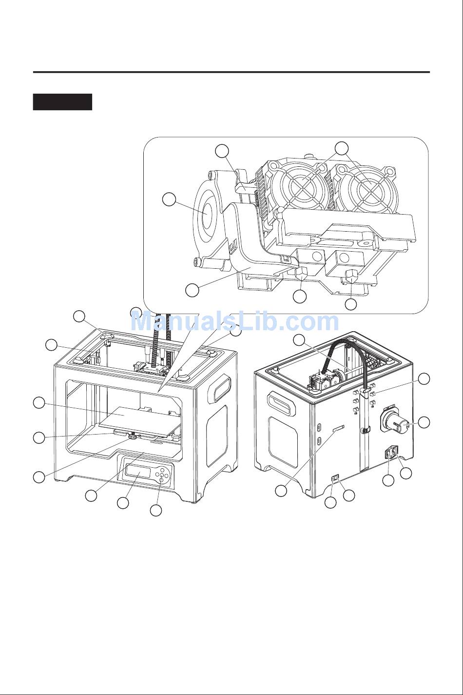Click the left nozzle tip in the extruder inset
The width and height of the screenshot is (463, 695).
coord(301,273)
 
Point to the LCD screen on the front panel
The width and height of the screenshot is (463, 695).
coord(138,474)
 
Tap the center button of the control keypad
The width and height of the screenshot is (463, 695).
coord(161,475)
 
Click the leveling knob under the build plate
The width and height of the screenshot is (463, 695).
coord(133,437)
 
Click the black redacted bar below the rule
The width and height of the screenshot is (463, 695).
coord(63,102)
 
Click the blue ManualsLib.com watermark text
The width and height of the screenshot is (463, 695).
coord(235,321)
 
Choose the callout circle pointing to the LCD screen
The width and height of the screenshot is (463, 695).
coord(123,503)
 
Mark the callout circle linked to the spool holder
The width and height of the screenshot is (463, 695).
coord(424,422)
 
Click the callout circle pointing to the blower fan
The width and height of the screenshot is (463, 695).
coord(169,199)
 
